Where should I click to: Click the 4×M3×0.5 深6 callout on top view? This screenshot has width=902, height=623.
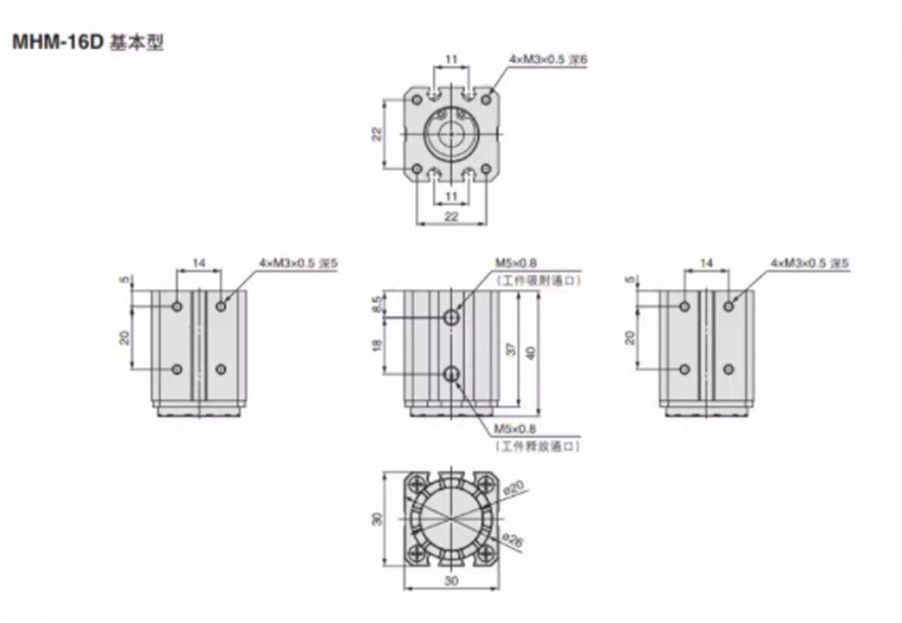coord(547,59)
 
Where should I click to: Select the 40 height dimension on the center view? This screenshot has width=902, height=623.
coord(530,352)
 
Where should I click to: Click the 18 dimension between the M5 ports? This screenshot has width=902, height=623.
coord(378,345)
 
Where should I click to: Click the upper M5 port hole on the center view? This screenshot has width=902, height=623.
coord(452,317)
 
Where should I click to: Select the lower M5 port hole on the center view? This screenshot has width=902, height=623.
coord(452,375)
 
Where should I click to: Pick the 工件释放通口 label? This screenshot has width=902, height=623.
coord(538,446)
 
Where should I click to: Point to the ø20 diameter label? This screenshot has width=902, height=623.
coord(512,488)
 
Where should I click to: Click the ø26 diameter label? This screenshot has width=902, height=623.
coord(513,540)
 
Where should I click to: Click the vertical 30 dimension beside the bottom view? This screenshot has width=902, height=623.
coord(378,519)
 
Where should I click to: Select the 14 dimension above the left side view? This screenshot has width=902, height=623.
coord(199,264)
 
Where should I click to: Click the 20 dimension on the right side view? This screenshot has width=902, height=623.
coord(630,336)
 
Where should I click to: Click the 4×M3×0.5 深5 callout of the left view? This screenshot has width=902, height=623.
coord(299,264)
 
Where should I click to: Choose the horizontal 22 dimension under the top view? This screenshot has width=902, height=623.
coord(452,216)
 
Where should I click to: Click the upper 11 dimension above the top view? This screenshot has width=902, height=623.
coord(451,58)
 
